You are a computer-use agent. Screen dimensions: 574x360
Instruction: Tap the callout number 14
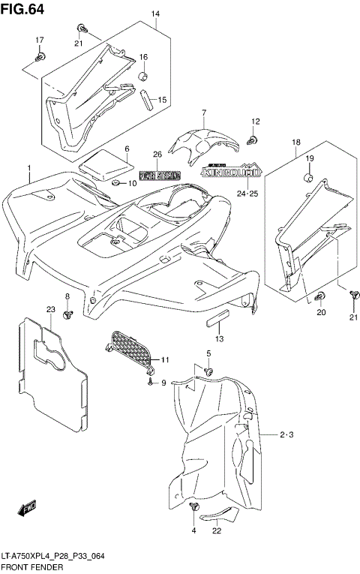(x=156, y=15)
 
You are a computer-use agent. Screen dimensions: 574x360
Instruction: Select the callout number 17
(x=40, y=40)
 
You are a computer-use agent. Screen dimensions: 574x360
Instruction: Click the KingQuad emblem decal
(x=231, y=172)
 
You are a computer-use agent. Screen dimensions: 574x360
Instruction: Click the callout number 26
(x=157, y=155)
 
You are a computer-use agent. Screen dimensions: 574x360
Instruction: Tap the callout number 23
(x=51, y=309)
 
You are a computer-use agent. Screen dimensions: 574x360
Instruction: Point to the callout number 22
(x=217, y=531)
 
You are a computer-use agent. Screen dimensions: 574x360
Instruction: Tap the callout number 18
(x=275, y=142)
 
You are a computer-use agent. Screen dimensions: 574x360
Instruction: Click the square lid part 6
(x=100, y=163)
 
